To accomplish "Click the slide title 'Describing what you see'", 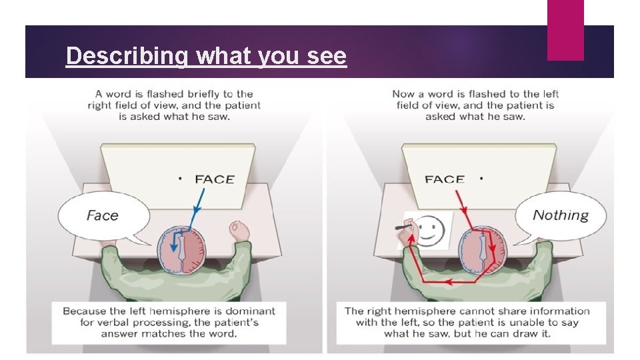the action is click(x=206, y=56).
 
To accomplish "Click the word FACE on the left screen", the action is click(x=215, y=179).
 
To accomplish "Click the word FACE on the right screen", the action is click(x=444, y=179).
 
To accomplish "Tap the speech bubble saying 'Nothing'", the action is click(x=561, y=215).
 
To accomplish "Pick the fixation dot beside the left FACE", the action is click(x=180, y=179).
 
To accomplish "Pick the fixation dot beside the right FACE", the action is click(x=481, y=179).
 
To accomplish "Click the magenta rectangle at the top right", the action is click(x=565, y=29).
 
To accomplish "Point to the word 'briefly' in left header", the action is click(x=197, y=94).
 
